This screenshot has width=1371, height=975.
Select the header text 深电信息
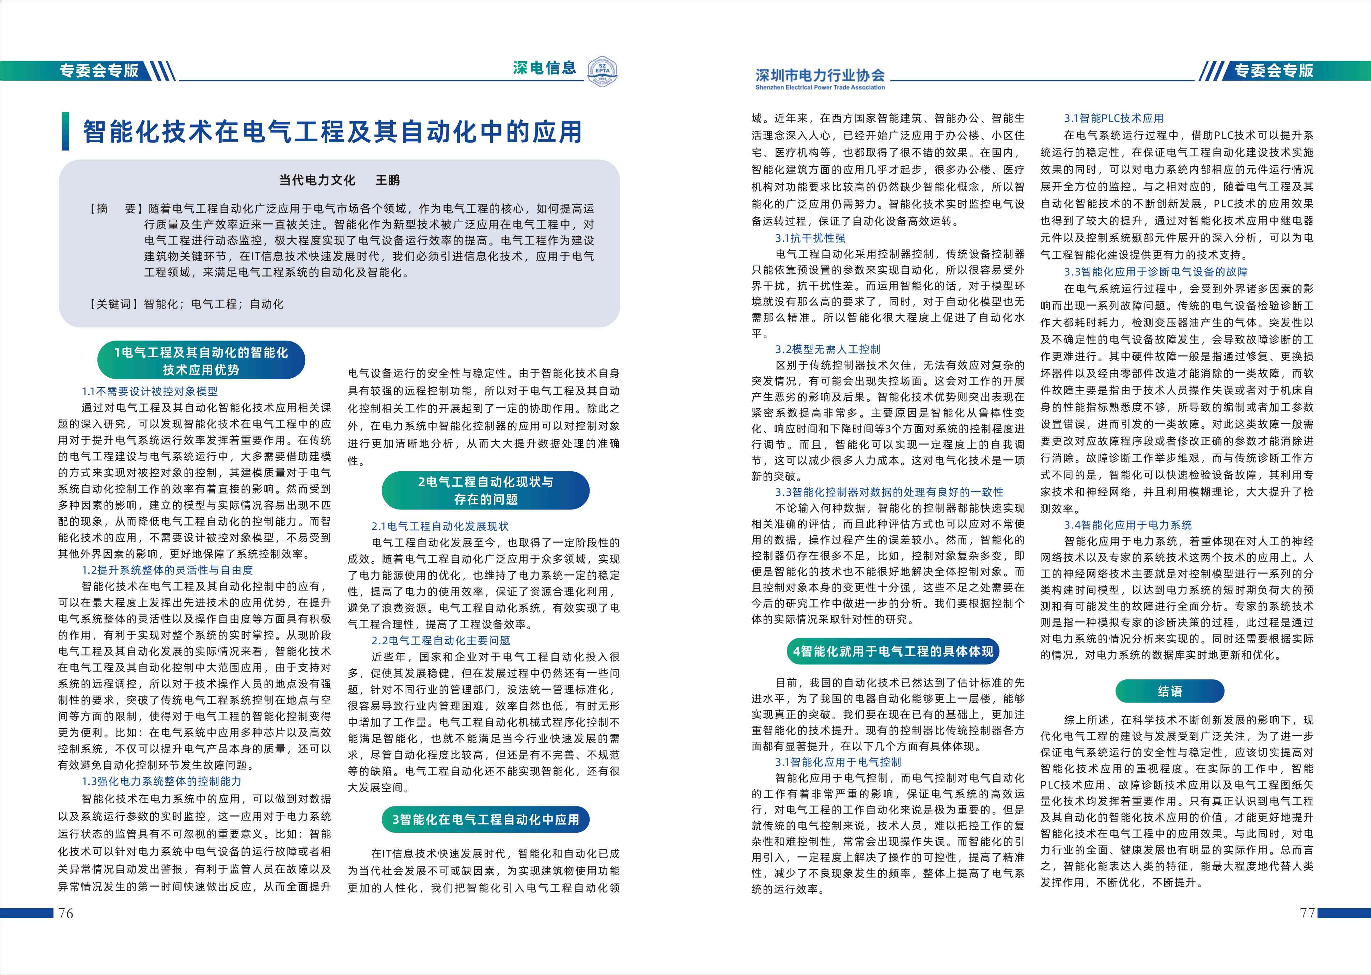544,68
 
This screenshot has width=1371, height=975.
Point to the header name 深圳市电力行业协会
820,75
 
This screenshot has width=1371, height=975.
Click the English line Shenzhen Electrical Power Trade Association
820,88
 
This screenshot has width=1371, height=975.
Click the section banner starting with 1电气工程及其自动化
201,360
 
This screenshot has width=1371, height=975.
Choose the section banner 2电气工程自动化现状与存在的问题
485,490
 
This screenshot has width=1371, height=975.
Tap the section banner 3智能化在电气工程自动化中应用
485,819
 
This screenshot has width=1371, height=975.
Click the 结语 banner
1169,691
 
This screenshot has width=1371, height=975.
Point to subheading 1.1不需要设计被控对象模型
150,391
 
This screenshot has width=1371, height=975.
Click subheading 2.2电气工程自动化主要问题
441,641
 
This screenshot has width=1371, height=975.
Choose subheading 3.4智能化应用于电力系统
1128,525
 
